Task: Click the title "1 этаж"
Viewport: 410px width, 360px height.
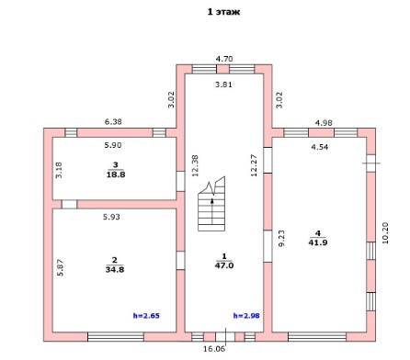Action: tap(223, 12)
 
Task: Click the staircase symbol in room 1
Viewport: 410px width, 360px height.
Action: tap(211, 204)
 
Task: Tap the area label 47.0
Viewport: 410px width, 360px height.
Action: tap(224, 265)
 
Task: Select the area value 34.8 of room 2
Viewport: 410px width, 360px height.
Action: tap(115, 270)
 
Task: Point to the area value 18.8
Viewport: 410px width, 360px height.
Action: tap(116, 174)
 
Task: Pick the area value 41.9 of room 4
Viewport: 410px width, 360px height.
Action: tap(318, 242)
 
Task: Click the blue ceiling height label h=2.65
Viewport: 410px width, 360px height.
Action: tap(146, 316)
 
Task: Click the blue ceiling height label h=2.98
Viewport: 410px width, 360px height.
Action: tap(246, 316)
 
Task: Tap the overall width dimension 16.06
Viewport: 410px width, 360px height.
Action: tap(214, 349)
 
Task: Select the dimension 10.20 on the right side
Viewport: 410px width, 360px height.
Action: tap(385, 233)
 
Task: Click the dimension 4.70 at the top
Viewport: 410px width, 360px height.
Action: tap(224, 59)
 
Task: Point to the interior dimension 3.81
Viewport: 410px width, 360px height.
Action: tap(223, 84)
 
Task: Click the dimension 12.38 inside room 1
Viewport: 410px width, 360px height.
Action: tap(195, 165)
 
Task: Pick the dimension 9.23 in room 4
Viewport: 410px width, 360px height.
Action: tap(281, 238)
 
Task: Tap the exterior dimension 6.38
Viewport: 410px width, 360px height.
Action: tap(113, 121)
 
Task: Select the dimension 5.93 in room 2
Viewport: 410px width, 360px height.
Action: tap(111, 217)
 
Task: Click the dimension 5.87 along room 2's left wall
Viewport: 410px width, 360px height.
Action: tap(61, 268)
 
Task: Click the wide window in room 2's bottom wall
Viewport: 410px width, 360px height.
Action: tap(116, 337)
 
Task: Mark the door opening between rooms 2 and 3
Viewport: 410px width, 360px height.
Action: tap(69, 204)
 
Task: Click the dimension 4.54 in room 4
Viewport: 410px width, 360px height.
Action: tap(320, 147)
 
